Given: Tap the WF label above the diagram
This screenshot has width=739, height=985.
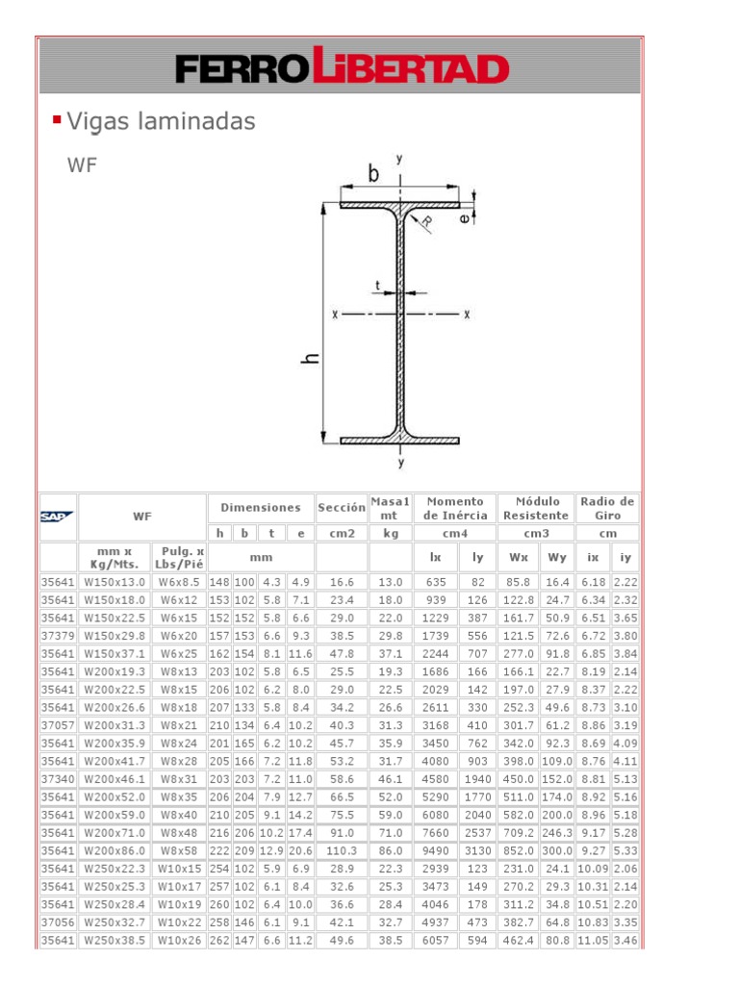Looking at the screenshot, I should click(82, 164).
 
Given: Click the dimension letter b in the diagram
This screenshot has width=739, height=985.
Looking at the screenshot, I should click(373, 174).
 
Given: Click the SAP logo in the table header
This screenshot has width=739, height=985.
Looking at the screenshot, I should click(58, 517).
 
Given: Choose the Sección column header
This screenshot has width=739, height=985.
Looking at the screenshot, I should click(342, 507).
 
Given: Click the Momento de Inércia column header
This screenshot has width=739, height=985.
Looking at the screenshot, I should click(456, 507).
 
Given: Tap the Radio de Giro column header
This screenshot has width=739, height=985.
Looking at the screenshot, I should click(607, 507).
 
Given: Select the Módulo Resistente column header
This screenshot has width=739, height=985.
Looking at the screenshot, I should click(537, 507).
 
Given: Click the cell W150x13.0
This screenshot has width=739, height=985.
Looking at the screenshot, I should click(115, 582).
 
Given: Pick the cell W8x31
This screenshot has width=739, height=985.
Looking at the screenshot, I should click(178, 778).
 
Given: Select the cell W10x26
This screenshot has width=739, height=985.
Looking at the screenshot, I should click(178, 940).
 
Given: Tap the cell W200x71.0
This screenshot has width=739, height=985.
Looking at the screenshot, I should click(115, 833).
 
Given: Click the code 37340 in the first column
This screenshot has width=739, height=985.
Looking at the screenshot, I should click(57, 778).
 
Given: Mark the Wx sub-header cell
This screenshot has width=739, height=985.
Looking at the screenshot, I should click(518, 557).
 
